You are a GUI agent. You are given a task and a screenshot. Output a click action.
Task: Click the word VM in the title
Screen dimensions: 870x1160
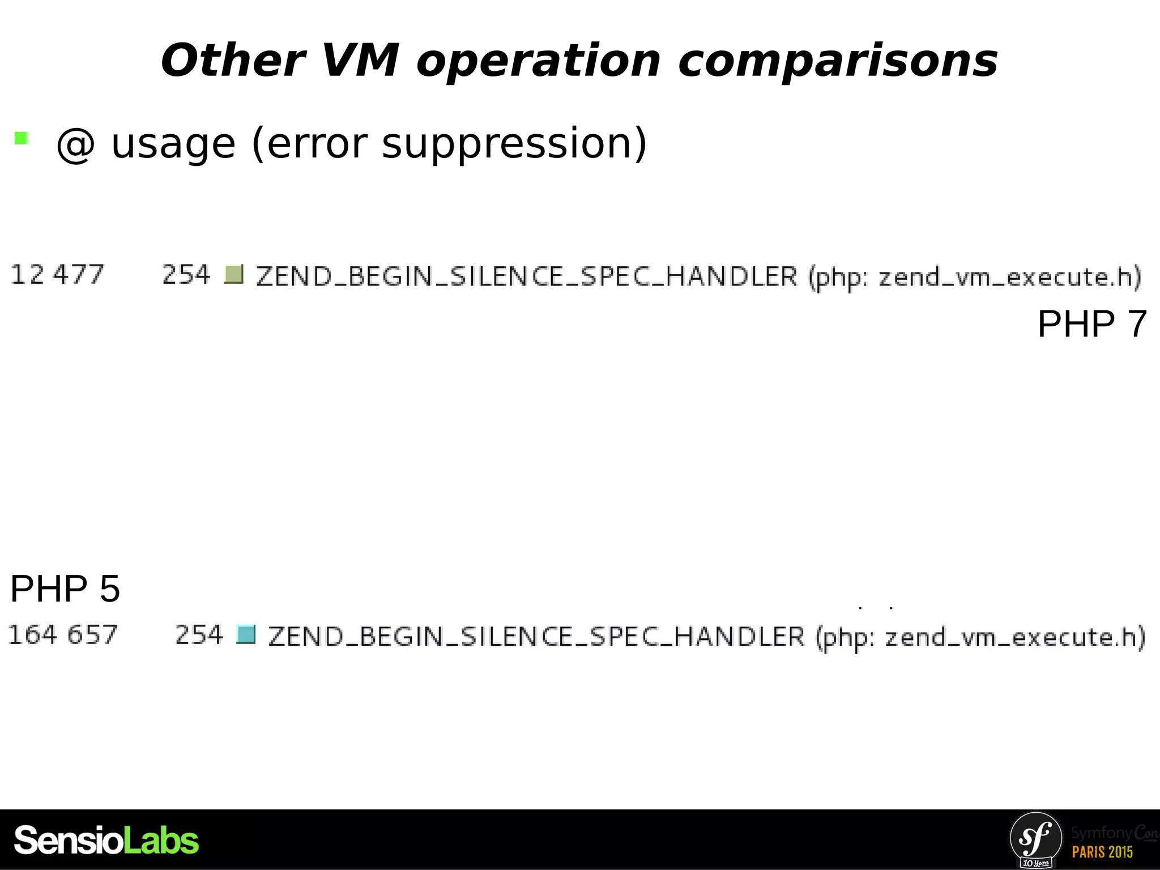tap(360, 61)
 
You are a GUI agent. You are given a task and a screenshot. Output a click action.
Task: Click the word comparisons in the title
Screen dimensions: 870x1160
tap(838, 61)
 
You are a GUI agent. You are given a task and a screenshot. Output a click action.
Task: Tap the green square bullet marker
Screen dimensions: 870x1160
tap(22, 138)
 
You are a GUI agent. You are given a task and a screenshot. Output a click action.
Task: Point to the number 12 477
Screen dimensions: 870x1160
tap(57, 275)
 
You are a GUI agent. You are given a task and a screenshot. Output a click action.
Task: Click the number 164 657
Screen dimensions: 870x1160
tap(63, 635)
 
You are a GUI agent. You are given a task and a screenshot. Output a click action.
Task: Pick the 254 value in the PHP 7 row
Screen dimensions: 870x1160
tap(186, 275)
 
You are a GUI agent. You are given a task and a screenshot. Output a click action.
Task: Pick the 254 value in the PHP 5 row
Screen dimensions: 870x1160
tap(199, 635)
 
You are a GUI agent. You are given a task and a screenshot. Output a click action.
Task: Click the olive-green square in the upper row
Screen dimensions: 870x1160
tap(233, 275)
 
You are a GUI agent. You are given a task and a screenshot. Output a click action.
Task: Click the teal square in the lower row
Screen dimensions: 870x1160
tap(246, 635)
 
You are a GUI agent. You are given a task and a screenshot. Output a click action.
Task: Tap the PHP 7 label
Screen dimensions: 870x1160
tap(1091, 324)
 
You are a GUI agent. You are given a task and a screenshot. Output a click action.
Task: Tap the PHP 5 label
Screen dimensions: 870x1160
tap(65, 588)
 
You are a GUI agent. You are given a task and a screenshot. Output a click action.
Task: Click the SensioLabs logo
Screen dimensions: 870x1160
tap(106, 841)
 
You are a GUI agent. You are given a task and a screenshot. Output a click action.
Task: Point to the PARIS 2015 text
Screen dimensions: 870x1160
tap(1102, 852)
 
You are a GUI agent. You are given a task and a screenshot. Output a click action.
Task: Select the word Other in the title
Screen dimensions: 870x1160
tap(233, 61)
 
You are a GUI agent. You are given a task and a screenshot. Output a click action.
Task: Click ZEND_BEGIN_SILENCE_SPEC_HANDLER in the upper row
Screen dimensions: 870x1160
tap(527, 277)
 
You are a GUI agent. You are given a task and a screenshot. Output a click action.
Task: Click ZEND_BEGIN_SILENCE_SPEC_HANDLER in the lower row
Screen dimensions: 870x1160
tap(536, 637)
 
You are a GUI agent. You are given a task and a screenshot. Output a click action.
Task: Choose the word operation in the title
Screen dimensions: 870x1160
tap(539, 61)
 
